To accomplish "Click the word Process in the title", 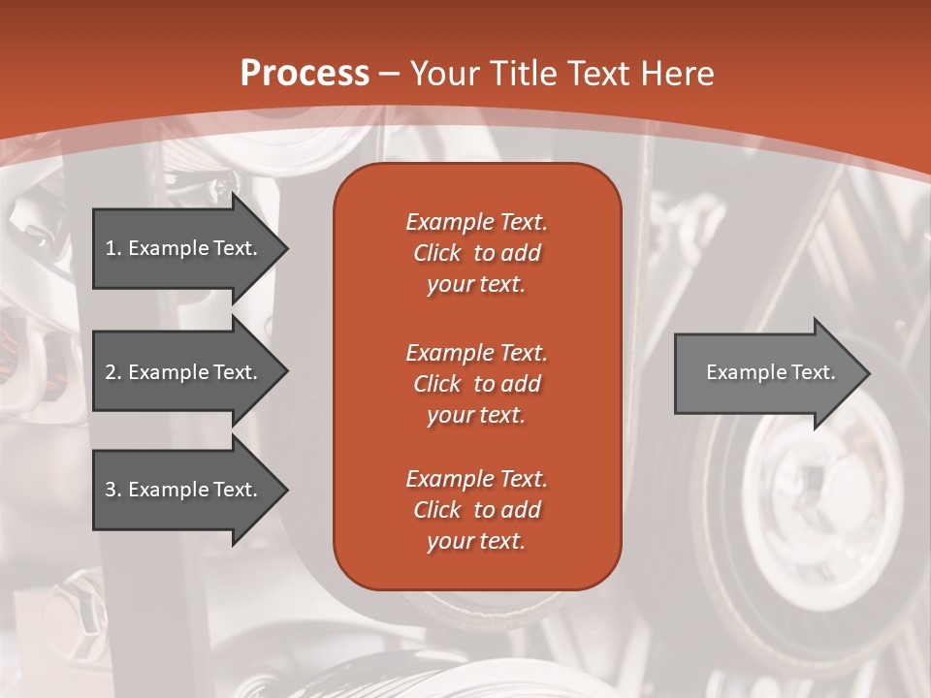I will coord(305,73).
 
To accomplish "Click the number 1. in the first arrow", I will coord(113,248).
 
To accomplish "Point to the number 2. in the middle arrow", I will coord(113,372).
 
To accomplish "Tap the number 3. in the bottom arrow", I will coord(113,490).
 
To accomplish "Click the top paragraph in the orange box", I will coord(476,253).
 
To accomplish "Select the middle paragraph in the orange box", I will coord(476,384).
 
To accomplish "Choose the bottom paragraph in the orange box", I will coord(476,510).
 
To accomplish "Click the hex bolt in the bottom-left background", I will coord(80,606).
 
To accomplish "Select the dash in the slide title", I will coord(390,74).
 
